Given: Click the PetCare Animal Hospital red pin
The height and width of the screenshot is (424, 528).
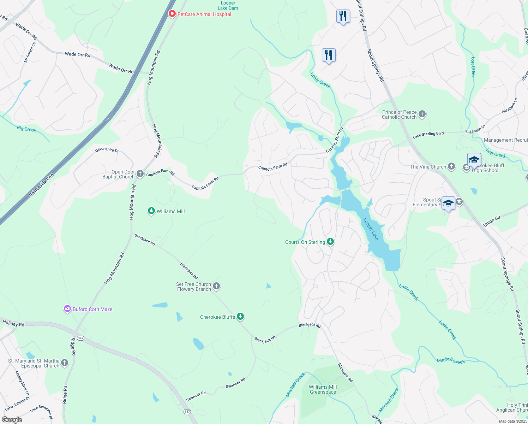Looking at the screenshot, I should coord(172,14).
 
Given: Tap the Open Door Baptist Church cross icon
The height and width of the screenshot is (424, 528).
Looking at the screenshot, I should coord(140,173).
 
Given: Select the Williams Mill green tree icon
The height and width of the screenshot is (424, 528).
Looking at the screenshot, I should coord(151,211).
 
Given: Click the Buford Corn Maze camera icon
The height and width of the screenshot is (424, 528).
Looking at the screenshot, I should coord(67,309).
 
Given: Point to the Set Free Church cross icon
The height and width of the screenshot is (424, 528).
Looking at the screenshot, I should coord(216,286).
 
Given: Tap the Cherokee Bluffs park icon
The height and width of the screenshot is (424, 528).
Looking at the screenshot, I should coord(240,316).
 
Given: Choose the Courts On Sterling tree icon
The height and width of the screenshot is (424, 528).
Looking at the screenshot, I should coord(330,241).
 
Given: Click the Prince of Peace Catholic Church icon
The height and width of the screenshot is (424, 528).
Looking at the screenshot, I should coord(422,114).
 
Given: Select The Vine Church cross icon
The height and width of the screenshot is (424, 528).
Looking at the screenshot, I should coord(451,166).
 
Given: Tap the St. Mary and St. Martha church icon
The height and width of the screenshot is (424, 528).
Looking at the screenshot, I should coord(64,363).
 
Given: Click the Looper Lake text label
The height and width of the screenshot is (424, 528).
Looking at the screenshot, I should coord(371,229).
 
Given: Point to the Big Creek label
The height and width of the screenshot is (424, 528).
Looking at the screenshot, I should coord(26,129).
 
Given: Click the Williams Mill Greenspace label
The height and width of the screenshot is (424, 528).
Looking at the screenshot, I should coord(323,389).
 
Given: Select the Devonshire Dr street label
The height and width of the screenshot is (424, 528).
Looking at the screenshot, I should coord(107,150).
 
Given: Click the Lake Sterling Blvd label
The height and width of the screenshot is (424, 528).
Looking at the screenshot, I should coord(428,135).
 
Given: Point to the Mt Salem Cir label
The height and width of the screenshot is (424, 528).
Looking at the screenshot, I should coord(30,52).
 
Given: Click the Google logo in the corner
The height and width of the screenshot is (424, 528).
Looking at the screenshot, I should coord(12,420).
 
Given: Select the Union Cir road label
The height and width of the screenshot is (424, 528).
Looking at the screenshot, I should coord(492,221).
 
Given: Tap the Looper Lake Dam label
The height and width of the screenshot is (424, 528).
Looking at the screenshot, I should coord(228,6).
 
